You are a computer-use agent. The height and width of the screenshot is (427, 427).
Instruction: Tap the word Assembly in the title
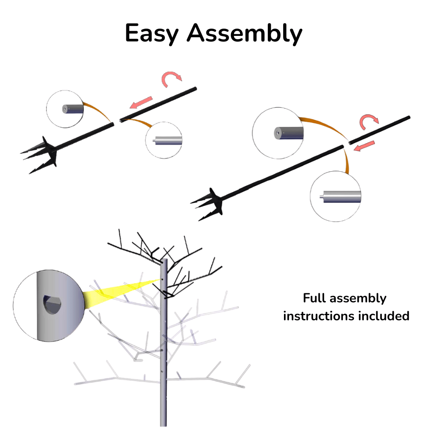tap(244, 34)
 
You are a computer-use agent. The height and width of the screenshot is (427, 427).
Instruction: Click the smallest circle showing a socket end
tap(65, 109)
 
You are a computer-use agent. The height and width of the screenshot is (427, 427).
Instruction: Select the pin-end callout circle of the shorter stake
tap(164, 140)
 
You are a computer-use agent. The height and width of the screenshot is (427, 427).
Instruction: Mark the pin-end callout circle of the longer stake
tap(336, 197)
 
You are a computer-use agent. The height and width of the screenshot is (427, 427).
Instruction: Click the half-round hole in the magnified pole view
tap(53, 304)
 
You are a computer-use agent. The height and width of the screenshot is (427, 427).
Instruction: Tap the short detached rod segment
tap(380, 129)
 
